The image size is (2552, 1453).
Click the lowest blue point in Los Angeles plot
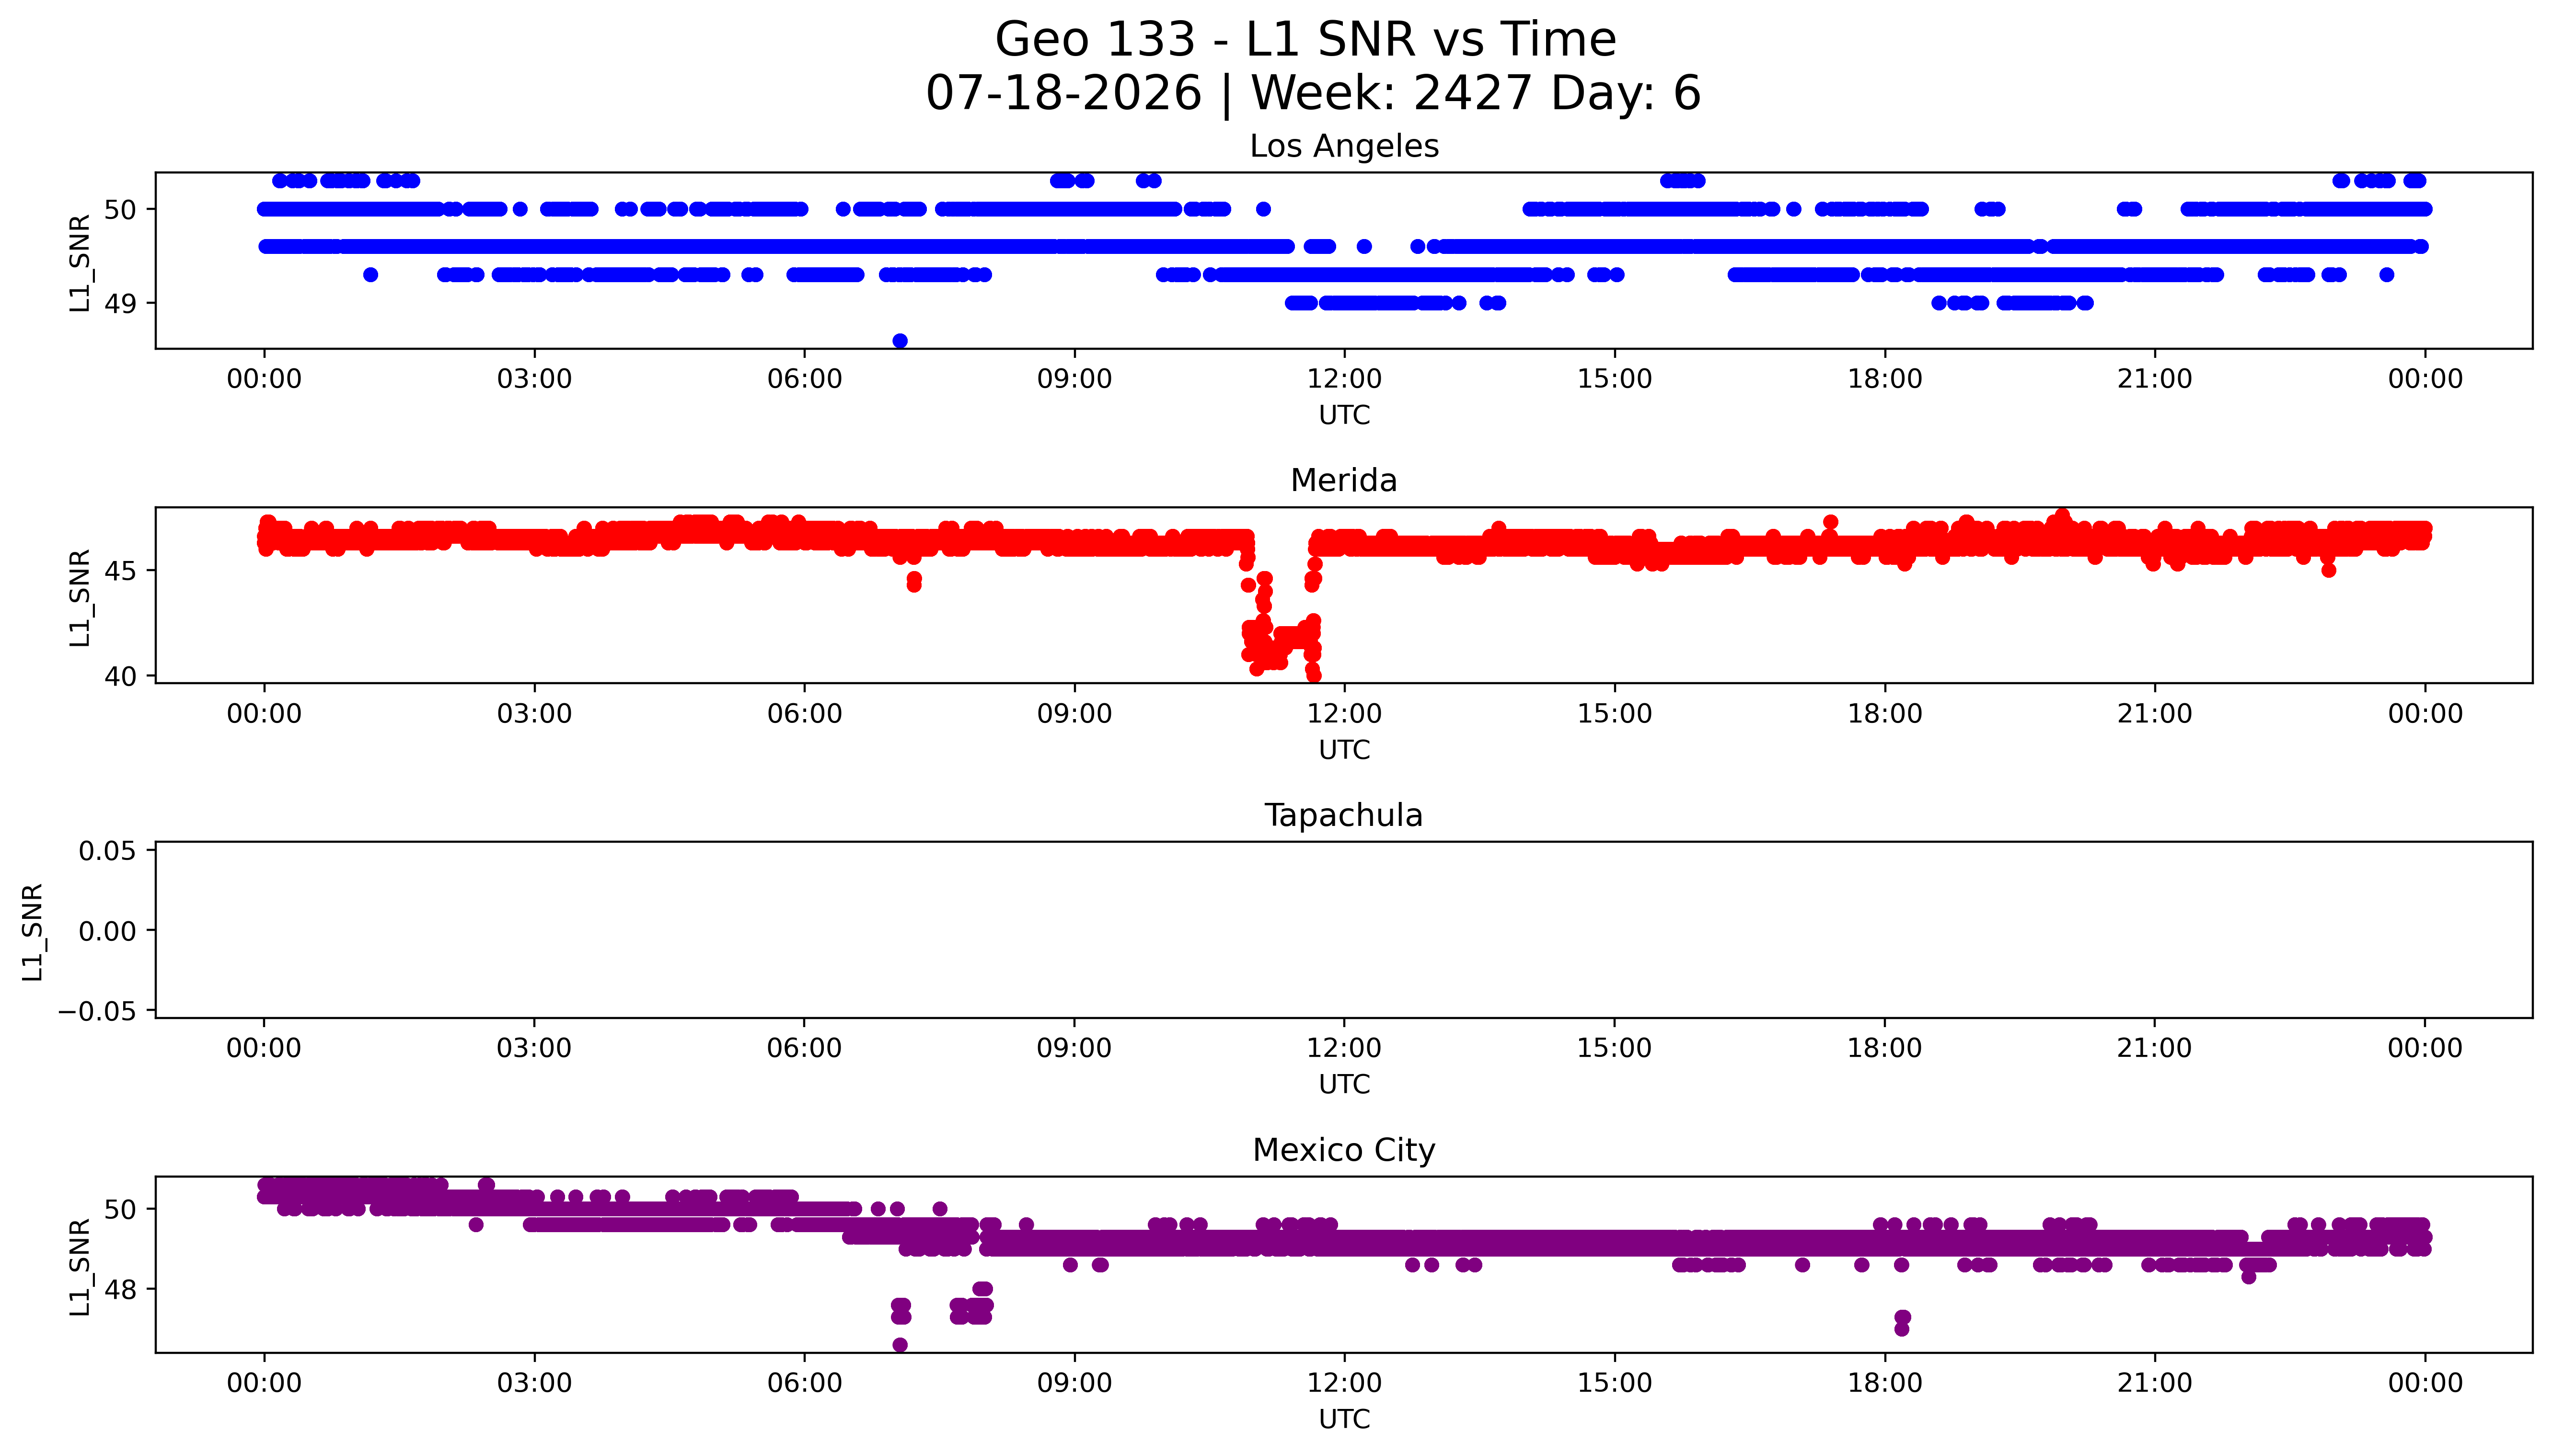899,340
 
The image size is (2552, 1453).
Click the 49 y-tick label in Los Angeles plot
121,303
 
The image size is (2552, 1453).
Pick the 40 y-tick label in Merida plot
121,676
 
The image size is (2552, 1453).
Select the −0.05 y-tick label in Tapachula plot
97,1012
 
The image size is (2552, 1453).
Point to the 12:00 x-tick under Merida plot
1344,715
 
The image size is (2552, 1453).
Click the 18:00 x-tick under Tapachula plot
1884,1049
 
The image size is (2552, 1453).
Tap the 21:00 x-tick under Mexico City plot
2155,1384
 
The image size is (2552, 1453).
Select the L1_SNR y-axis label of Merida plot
80,598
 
